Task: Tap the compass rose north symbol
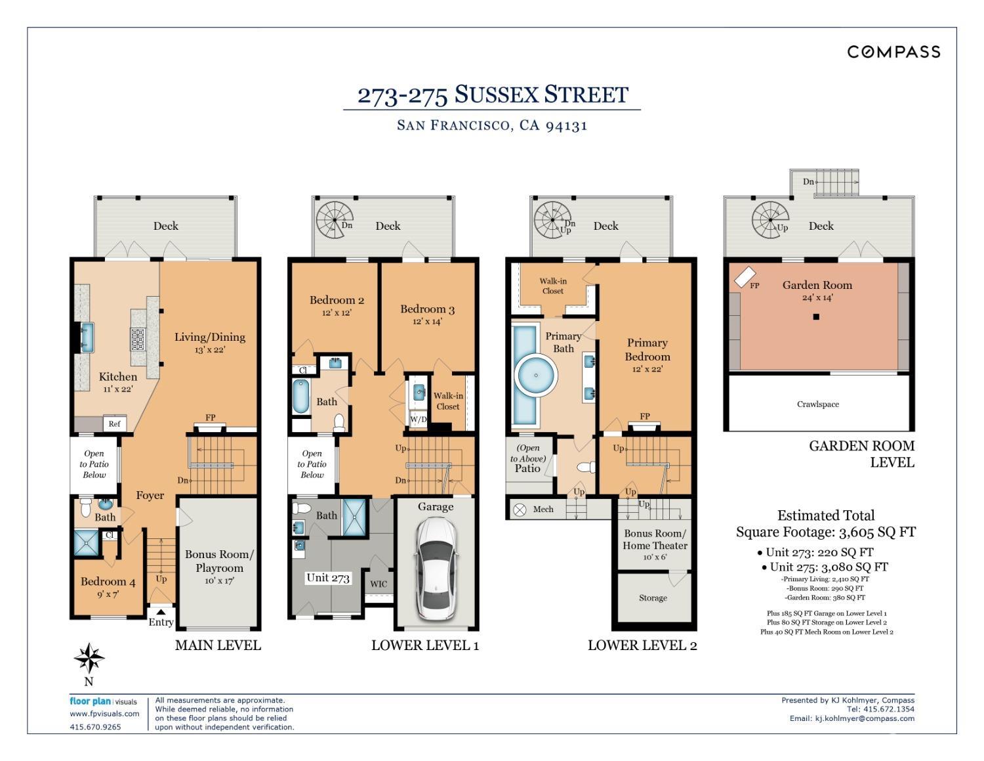coord(89,658)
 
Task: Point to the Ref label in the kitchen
coord(114,424)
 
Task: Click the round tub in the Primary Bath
coord(536,376)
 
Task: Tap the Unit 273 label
coord(328,578)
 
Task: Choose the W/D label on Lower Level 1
coord(418,420)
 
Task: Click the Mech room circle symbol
coord(520,510)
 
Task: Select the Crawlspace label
coord(818,404)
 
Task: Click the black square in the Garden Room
coord(816,317)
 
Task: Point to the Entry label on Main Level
coord(161,622)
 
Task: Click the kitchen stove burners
coord(138,339)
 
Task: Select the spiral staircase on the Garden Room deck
coord(769,220)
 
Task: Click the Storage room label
coord(653,598)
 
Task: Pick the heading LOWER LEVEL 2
coord(642,645)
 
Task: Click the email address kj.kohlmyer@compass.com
coord(865,718)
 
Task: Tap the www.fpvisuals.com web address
coord(104,714)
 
